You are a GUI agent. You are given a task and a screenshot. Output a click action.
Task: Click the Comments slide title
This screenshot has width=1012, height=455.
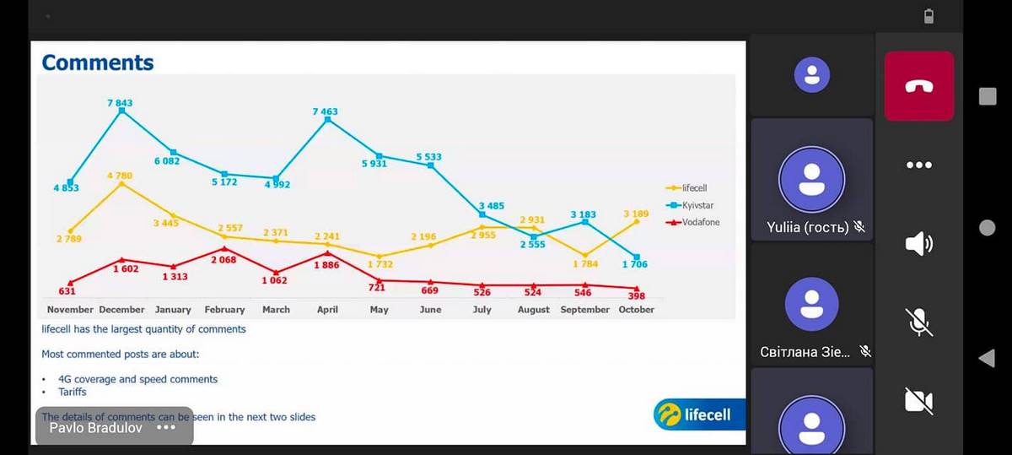(98, 62)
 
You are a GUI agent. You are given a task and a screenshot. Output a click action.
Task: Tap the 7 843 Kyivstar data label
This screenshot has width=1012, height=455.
(120, 103)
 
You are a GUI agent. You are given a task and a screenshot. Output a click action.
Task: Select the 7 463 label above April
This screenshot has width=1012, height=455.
(326, 111)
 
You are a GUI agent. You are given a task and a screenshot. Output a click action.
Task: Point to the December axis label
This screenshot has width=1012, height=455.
(121, 310)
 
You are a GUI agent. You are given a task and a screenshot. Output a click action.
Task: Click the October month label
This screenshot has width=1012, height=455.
(637, 310)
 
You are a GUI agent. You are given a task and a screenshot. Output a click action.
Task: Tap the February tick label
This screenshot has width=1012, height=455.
(224, 310)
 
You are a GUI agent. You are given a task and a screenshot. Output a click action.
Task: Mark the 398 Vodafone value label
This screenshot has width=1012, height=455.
(637, 297)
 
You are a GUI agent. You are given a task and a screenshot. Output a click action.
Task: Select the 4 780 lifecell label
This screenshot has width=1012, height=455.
(120, 176)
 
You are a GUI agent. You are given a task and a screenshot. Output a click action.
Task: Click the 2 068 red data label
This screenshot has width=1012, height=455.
(223, 260)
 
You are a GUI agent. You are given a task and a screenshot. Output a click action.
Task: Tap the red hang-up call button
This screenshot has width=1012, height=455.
(919, 85)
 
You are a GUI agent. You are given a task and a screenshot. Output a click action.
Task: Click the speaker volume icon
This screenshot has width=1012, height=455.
(919, 244)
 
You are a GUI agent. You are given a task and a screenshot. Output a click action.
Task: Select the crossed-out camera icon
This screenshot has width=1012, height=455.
(919, 401)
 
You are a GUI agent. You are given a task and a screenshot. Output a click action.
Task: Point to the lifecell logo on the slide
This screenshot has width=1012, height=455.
(693, 414)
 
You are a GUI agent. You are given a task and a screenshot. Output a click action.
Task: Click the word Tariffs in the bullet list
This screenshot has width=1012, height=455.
(73, 392)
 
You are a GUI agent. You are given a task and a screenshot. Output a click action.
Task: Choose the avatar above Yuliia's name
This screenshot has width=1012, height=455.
(811, 183)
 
